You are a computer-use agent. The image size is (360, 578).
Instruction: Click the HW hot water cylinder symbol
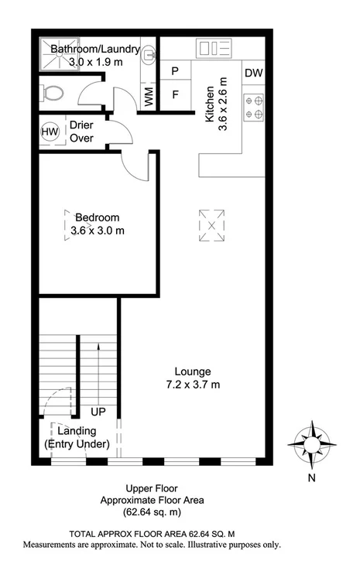(x=50, y=133)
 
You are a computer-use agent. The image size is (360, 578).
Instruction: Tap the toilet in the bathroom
(x=53, y=94)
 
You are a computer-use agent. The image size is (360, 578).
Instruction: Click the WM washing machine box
(x=149, y=96)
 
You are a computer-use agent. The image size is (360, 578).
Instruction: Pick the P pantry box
(x=175, y=71)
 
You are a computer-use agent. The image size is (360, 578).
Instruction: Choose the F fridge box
(x=175, y=96)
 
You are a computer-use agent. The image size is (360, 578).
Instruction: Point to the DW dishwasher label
(x=253, y=74)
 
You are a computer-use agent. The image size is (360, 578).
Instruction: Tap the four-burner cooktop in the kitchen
(x=254, y=107)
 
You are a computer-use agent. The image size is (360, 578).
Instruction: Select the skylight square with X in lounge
(x=211, y=225)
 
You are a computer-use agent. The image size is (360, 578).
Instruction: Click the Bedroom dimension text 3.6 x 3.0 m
(x=97, y=231)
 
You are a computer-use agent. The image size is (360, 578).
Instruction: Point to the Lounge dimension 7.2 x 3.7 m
(x=193, y=385)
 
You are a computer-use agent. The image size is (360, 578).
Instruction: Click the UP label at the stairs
(x=98, y=412)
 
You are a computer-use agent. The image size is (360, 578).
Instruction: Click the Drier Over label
(x=81, y=132)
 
